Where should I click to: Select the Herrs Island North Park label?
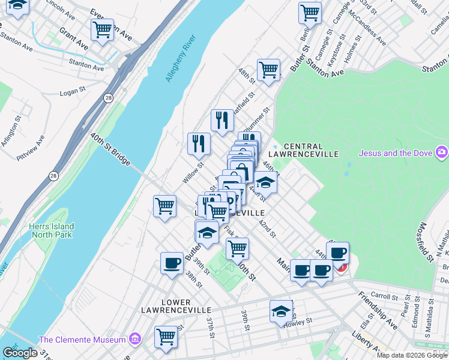pyautogui.click(x=52, y=231)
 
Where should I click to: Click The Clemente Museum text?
pyautogui.click(x=83, y=340)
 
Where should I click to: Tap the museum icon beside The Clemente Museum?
pyautogui.click(x=134, y=340)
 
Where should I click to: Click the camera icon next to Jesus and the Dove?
pyautogui.click(x=442, y=152)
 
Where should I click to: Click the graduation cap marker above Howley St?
pyautogui.click(x=280, y=310)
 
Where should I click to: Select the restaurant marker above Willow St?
pyautogui.click(x=199, y=143)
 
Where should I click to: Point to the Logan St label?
pyautogui.click(x=74, y=93)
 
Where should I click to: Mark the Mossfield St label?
pyautogui.click(x=426, y=242)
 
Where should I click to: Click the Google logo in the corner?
pyautogui.click(x=20, y=353)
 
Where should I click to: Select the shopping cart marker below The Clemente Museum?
pyautogui.click(x=166, y=336)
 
